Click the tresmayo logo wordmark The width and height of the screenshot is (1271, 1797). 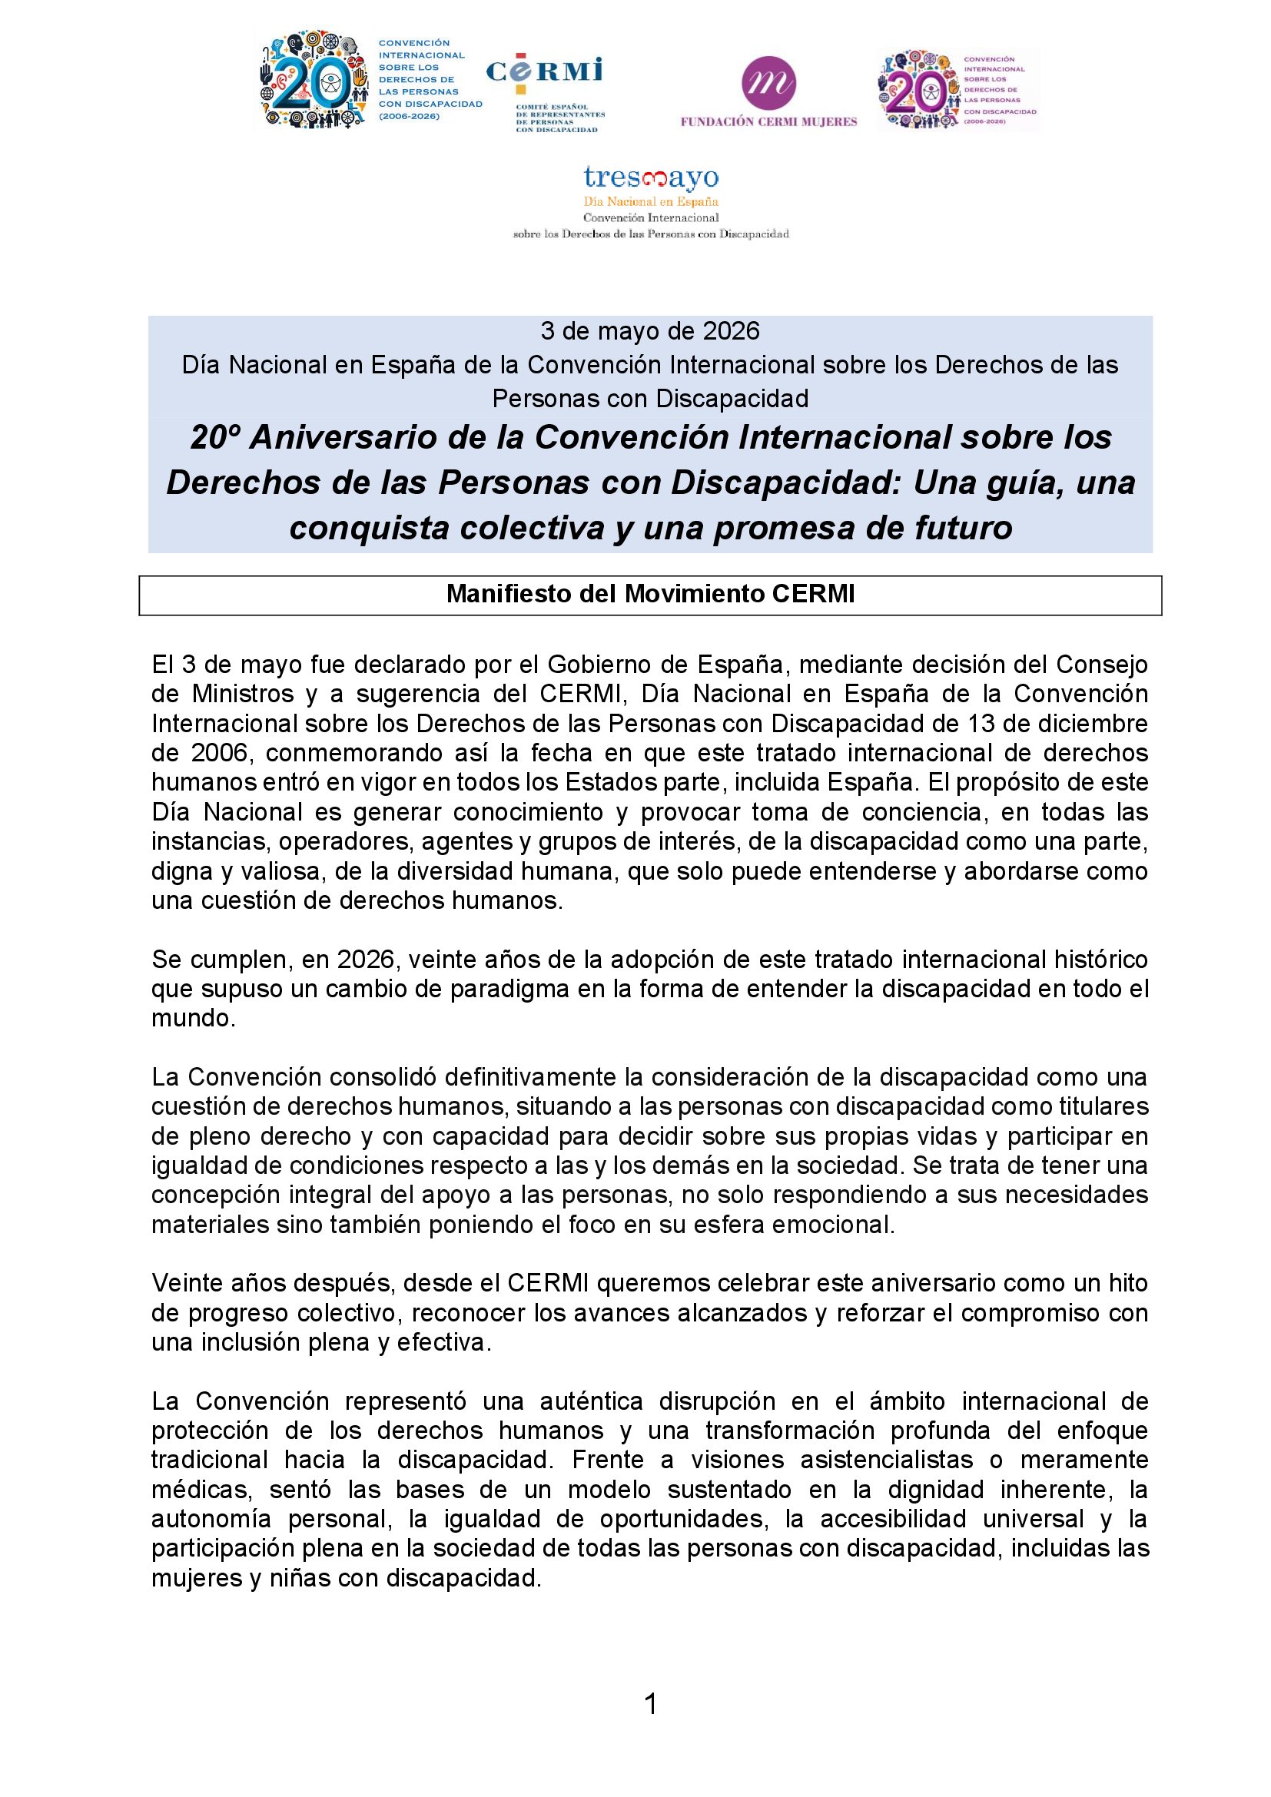(x=650, y=177)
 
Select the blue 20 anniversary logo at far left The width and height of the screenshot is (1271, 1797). (x=313, y=81)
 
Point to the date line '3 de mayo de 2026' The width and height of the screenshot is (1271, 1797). (x=649, y=331)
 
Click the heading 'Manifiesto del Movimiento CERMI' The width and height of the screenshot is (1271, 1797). (x=649, y=594)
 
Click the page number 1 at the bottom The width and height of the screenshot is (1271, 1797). (x=649, y=1704)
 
